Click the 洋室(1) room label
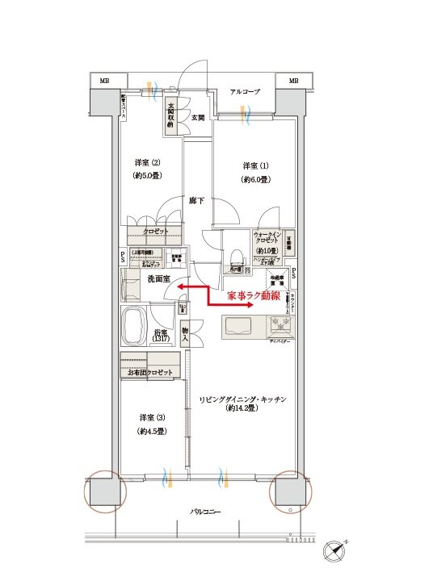click(x=254, y=165)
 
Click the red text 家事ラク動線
click(x=253, y=297)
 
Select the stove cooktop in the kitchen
click(x=283, y=326)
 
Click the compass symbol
click(x=337, y=554)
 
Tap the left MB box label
click(x=104, y=81)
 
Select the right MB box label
click(x=293, y=81)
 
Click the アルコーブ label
click(x=243, y=92)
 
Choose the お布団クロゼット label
click(x=149, y=372)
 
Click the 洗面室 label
click(x=158, y=279)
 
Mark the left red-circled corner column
click(x=105, y=491)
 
